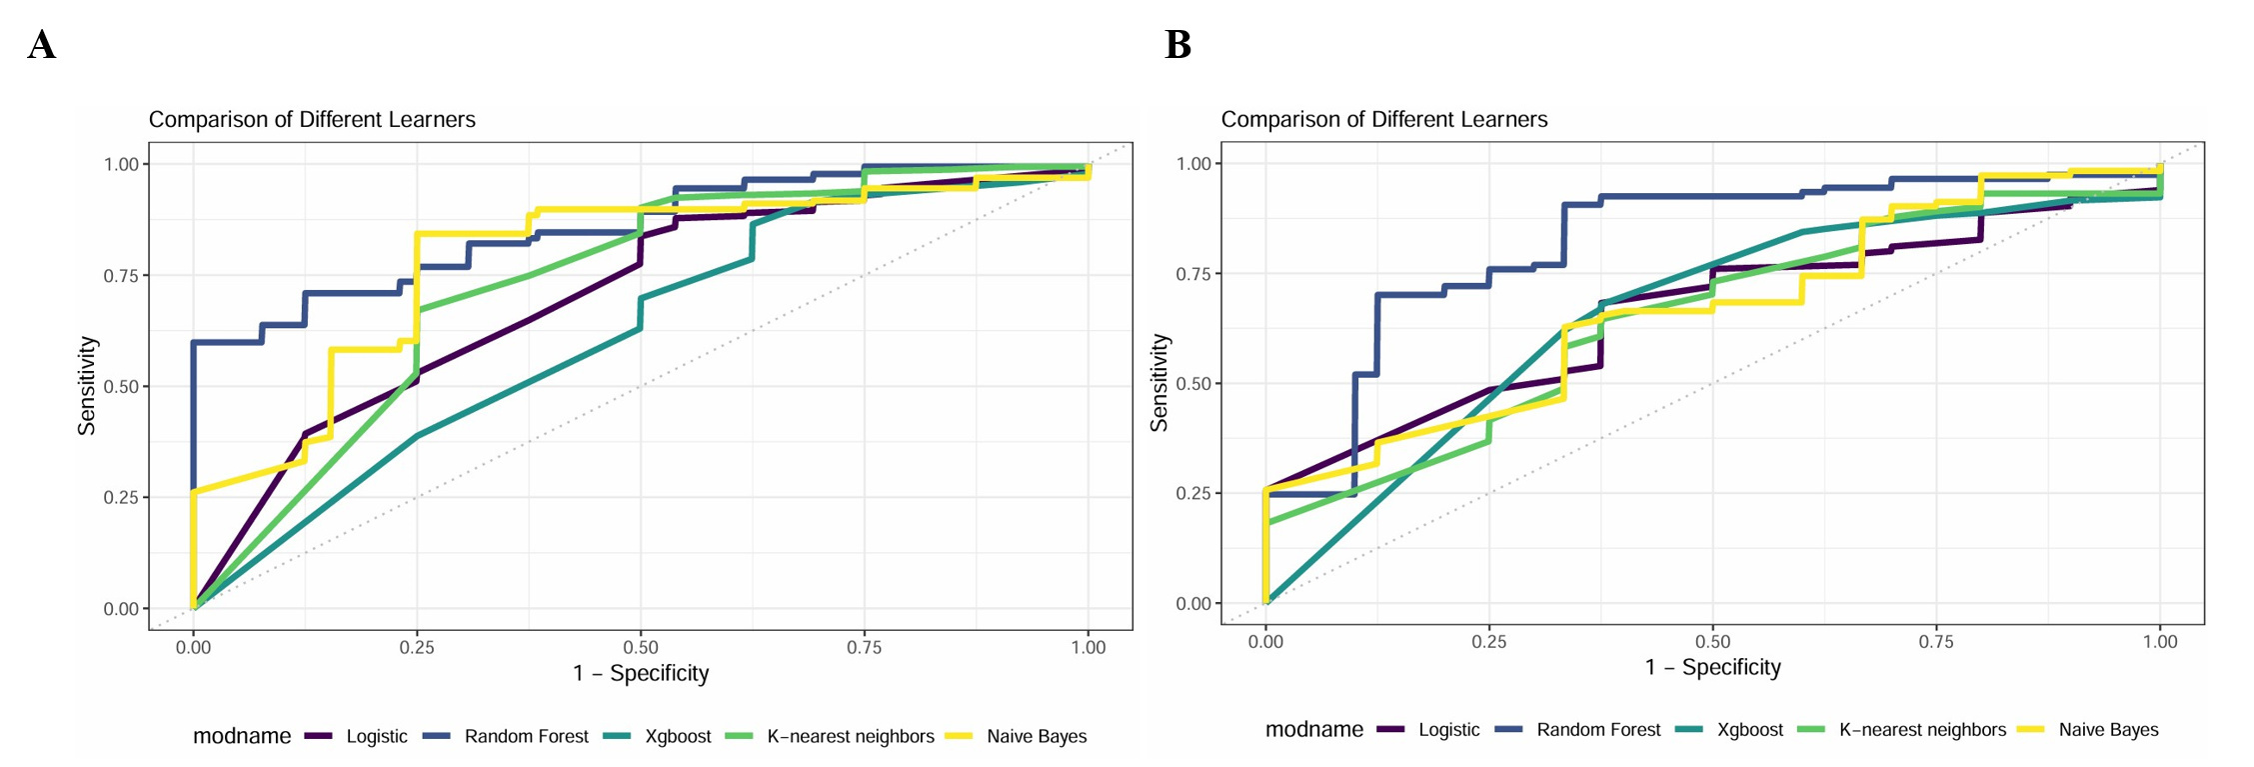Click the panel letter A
42,45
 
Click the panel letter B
1177,45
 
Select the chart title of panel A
312,120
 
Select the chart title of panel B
1384,120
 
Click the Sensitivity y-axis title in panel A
87,385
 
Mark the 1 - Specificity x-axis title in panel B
1713,668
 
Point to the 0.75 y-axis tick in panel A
121,275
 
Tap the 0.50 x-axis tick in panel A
641,648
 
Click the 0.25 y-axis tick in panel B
1193,493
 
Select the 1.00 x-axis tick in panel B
2160,642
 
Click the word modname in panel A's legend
242,737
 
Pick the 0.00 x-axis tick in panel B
1265,642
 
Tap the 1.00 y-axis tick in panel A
121,164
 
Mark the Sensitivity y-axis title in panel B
1159,383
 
